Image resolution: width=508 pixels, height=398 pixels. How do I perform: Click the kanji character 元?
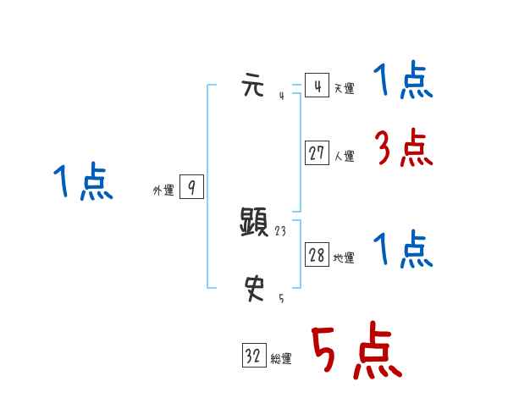coord(254,86)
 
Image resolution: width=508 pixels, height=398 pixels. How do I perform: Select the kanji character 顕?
coord(255,223)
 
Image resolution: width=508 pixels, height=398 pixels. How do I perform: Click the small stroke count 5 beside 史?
coord(281,298)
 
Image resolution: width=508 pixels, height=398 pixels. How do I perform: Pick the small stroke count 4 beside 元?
coord(281,95)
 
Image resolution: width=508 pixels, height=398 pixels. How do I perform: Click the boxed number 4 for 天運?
coord(317,86)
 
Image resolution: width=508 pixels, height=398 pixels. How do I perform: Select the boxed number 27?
coord(317,154)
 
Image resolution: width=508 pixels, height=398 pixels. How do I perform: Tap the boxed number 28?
coord(317,256)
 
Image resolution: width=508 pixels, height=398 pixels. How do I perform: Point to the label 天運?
coord(344,88)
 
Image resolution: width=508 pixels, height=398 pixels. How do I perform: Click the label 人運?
coord(344,156)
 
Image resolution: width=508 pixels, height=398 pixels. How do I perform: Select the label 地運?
coord(344,257)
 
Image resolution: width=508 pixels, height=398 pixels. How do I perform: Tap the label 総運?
coord(281,359)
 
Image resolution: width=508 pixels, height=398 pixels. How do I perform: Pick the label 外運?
coord(163,191)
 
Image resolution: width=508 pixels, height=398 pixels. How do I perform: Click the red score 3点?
coord(403,149)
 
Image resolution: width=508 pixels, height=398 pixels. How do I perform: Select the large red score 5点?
coord(356,351)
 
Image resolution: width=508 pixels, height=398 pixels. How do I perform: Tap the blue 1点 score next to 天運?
coord(403,83)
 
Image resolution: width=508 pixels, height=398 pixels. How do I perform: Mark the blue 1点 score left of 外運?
coord(83,183)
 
